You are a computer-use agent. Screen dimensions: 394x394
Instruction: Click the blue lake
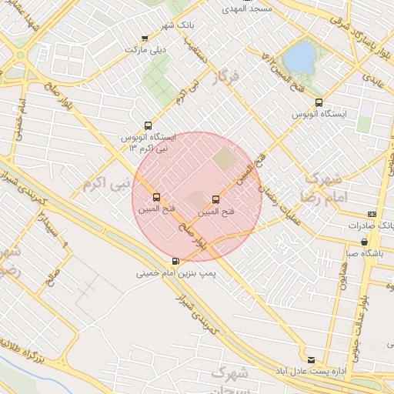(299, 57)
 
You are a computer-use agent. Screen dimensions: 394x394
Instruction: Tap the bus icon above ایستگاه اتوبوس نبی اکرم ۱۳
(148, 125)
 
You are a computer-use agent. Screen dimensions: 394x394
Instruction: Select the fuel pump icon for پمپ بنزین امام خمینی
(177, 260)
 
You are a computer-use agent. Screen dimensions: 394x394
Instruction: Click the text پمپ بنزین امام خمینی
(173, 272)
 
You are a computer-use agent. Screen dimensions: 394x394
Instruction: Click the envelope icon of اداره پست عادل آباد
(311, 359)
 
